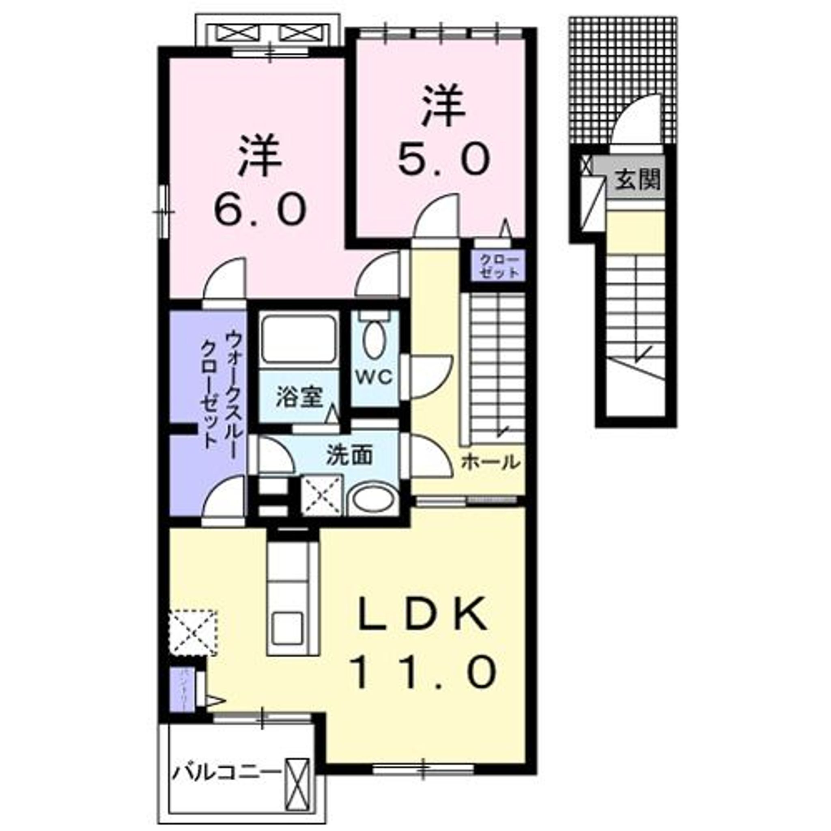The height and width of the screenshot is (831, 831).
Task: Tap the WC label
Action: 374,377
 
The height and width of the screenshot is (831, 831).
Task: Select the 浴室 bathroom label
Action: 299,397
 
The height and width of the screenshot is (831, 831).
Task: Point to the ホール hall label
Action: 490,463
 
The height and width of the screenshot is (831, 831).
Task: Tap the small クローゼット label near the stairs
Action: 499,266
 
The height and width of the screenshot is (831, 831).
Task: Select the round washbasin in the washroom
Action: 372,500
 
